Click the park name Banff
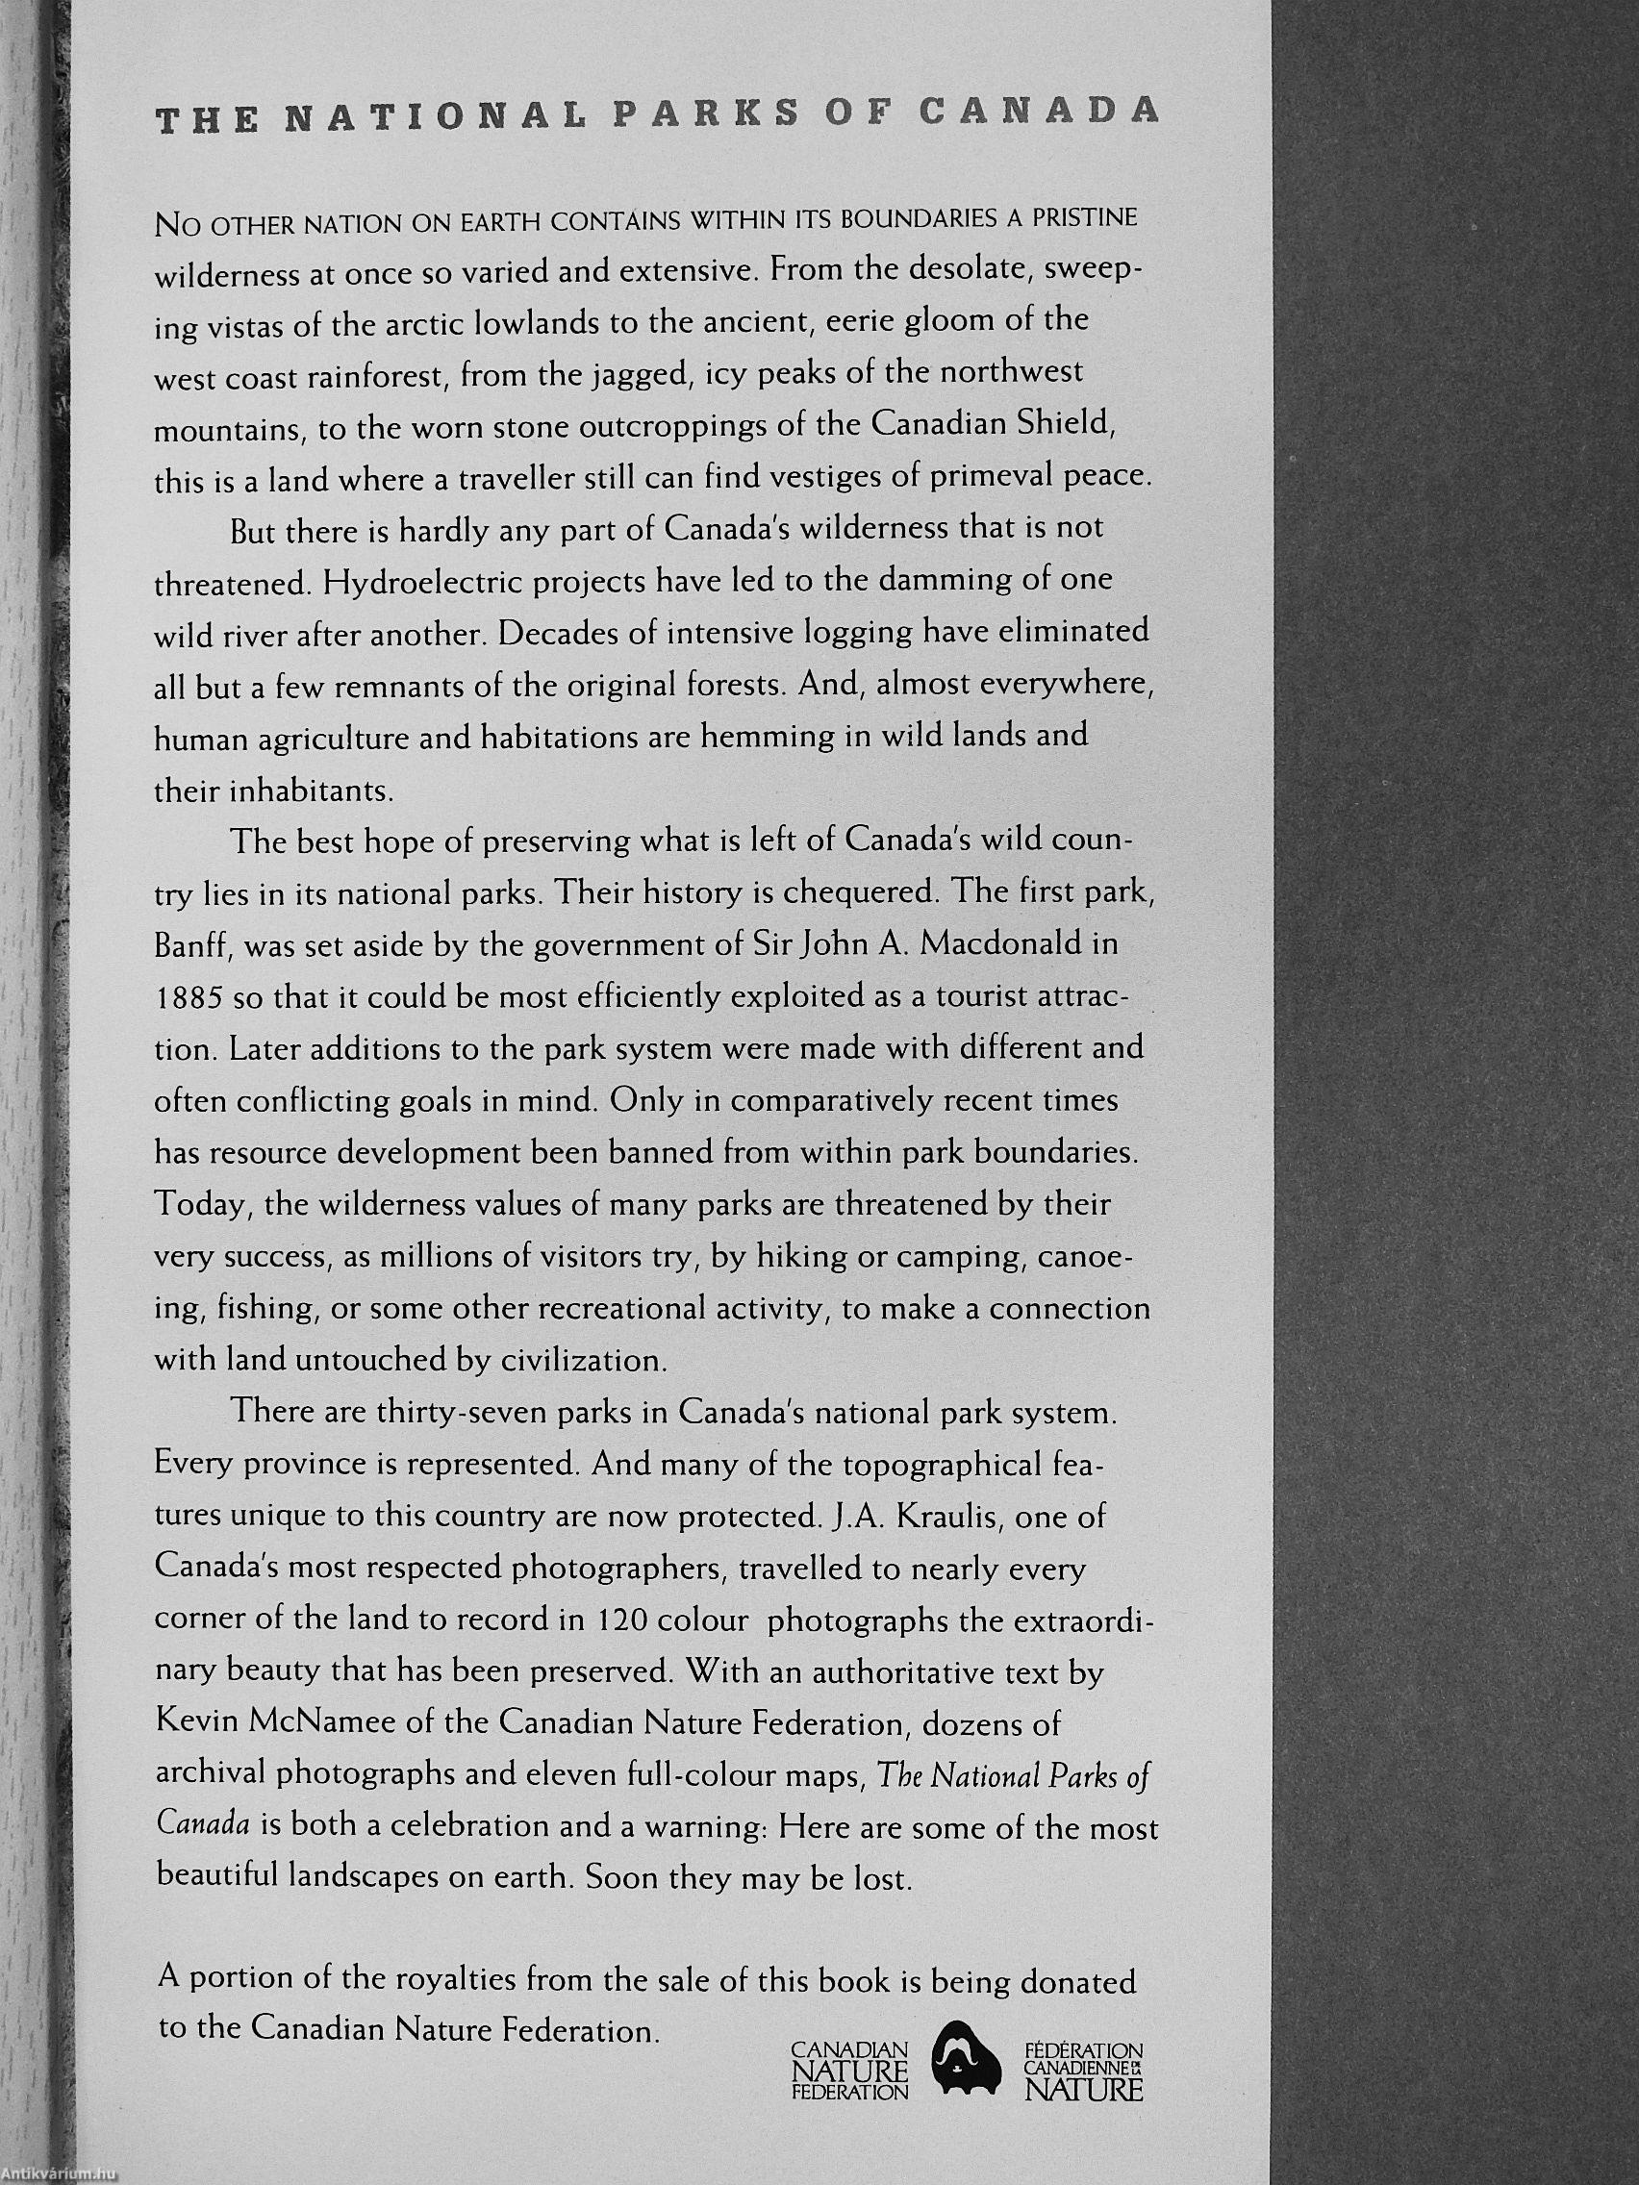point(190,946)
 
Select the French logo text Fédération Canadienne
point(1083,2061)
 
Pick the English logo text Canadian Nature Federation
point(849,2061)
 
